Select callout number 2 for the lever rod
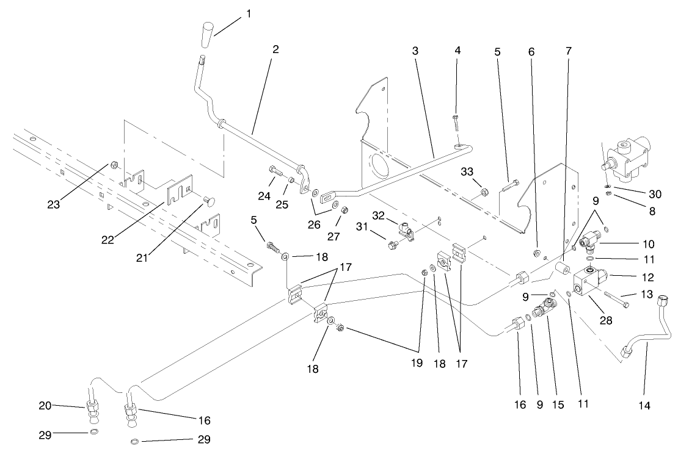(275, 50)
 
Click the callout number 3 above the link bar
(415, 51)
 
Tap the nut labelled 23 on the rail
(114, 165)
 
